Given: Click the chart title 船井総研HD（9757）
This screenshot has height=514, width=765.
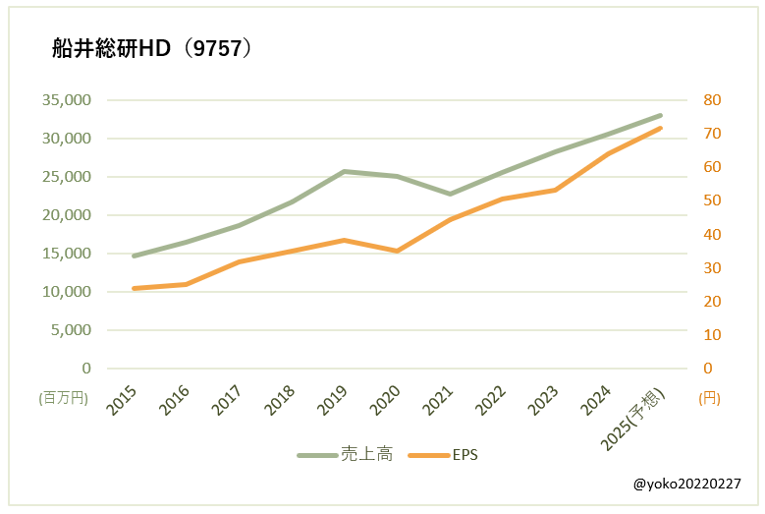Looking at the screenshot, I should pos(152,48).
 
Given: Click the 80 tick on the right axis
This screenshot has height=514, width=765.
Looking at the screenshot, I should pos(711,100).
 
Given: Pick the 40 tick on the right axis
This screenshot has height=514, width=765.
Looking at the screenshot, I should pos(711,235).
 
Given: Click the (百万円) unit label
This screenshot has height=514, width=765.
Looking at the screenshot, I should pos(64,398).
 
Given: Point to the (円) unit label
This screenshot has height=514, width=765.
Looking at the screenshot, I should pos(710,398).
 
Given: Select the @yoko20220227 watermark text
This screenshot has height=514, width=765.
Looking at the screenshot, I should pos(687,485).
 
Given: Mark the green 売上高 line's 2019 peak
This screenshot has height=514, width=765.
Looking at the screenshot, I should pos(344,171).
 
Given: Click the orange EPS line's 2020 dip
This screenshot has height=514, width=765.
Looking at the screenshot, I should pos(397,251).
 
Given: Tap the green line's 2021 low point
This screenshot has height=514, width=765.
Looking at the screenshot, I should pos(450,194).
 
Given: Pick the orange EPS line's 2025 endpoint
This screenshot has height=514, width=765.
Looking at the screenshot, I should pos(661,128).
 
